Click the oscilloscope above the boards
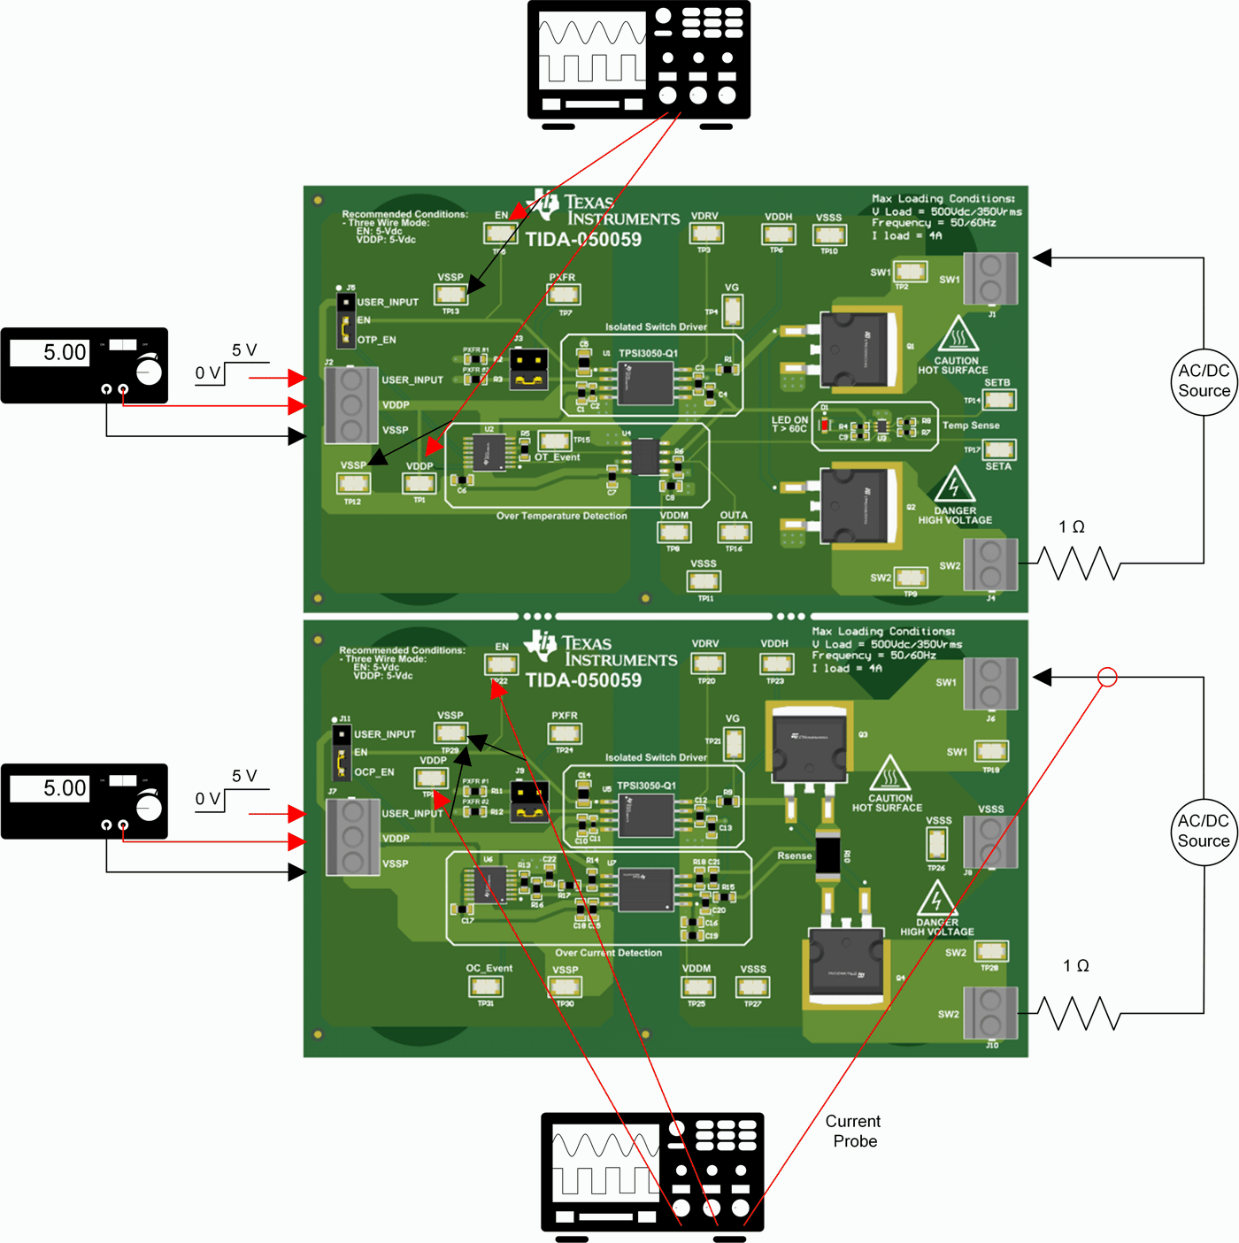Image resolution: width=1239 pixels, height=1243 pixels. pos(638,59)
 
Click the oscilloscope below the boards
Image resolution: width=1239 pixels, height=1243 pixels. pos(652,1171)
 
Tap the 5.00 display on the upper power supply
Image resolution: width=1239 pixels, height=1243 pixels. pos(50,353)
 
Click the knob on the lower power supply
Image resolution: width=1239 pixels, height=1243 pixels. pos(149,807)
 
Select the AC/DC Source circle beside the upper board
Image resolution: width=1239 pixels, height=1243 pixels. pos(1204,380)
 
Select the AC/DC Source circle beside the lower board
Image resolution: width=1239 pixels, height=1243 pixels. pos(1204,831)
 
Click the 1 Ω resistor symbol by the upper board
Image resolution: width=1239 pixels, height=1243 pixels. pos(1078,564)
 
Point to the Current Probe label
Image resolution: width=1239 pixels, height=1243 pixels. pos(854,1132)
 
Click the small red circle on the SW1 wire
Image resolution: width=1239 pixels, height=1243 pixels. pos(1107,678)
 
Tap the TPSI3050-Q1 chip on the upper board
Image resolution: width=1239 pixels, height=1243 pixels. pos(645,381)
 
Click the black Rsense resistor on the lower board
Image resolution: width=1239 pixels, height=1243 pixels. pos(828,855)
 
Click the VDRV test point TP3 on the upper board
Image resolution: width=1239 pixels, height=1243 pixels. pos(706,234)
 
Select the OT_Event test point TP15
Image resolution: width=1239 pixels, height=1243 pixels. pos(555,440)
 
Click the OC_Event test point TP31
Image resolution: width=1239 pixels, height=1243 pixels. pos(486,986)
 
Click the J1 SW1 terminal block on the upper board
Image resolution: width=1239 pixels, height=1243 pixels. pos(990,278)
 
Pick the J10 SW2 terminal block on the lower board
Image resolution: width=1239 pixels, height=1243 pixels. pos(990,1013)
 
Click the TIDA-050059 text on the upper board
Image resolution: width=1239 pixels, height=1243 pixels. pos(583,240)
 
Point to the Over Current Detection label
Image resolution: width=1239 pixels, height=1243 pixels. pos(608,953)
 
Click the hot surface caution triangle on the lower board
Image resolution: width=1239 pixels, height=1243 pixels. pos(889,774)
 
